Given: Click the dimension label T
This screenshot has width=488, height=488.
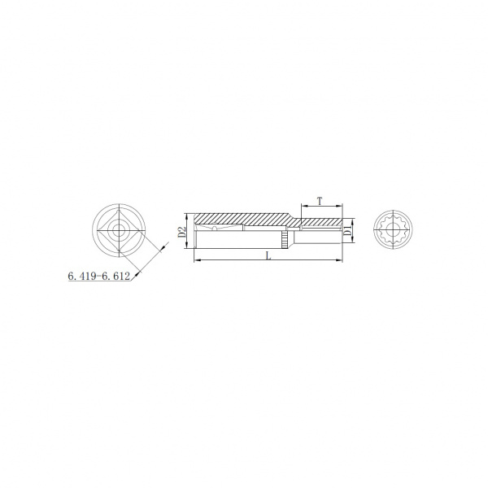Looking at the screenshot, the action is (x=320, y=201).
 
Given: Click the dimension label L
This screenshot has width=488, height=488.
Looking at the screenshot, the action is (x=268, y=256).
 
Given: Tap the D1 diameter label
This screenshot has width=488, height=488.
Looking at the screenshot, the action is (x=348, y=231).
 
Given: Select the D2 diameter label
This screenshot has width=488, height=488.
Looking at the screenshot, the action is (x=181, y=232).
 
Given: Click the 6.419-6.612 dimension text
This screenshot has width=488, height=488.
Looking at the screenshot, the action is (x=98, y=276).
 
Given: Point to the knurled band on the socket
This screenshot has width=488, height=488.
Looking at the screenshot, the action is (x=285, y=240).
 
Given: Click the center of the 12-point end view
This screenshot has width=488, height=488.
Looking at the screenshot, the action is (x=393, y=230).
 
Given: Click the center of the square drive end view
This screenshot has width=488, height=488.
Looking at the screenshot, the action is (x=119, y=231).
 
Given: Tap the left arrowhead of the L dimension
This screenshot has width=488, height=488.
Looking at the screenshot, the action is (x=196, y=260).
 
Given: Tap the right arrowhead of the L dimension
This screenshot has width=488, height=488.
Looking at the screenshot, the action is (x=339, y=260).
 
